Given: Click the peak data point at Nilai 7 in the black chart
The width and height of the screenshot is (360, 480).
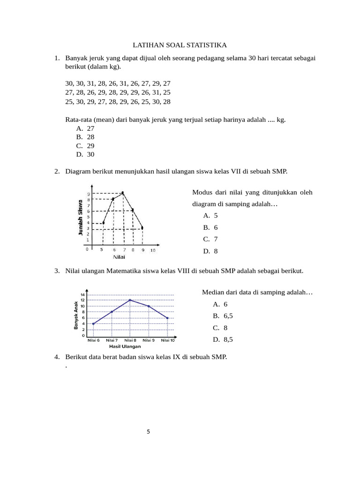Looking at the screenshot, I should (123, 193).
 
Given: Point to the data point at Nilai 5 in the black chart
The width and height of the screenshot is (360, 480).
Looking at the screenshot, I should (103, 223).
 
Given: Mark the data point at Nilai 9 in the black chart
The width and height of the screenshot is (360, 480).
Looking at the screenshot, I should (142, 228).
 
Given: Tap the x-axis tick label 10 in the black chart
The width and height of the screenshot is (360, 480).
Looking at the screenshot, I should (153, 250).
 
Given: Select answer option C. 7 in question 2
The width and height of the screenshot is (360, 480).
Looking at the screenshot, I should (210, 239).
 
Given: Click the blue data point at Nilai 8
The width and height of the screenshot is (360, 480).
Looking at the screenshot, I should (130, 300).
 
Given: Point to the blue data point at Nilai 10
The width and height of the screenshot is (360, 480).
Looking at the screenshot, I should (167, 318).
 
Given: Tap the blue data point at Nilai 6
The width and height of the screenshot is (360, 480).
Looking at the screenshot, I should (93, 323).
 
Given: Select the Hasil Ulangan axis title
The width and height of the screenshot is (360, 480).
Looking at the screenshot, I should (125, 346).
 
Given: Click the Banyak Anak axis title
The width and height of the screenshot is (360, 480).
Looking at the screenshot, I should (76, 315).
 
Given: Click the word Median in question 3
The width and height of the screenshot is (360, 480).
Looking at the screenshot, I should (213, 292).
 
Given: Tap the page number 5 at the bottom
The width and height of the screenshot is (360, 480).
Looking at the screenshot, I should (148, 432).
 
